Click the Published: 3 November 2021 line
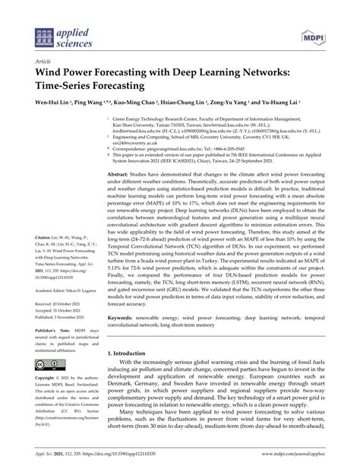point(57,317)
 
